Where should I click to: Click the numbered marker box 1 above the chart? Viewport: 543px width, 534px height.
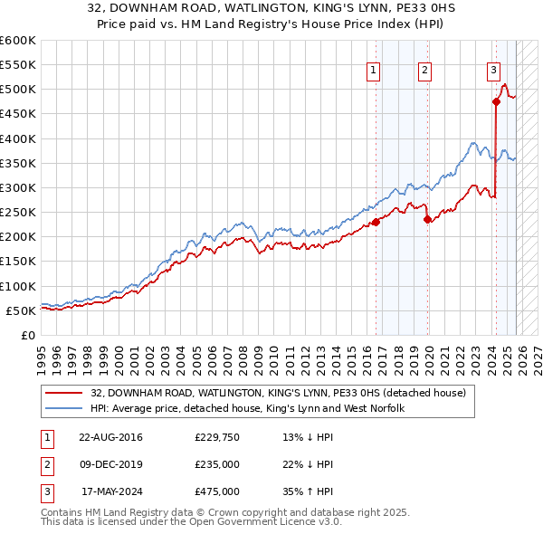click(374, 72)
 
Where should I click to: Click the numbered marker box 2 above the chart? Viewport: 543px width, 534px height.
click(424, 72)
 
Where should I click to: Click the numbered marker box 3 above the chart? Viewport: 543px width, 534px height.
click(493, 72)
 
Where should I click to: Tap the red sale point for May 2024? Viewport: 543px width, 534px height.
click(496, 101)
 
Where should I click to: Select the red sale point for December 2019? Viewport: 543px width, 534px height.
click(428, 219)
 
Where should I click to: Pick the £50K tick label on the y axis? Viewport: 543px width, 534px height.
click(21, 310)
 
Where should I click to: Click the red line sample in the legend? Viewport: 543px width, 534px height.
click(65, 393)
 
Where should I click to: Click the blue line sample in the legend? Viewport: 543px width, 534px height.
click(65, 409)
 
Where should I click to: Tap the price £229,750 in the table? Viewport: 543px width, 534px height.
click(217, 438)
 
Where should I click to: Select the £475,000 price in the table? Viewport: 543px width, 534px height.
click(217, 491)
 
